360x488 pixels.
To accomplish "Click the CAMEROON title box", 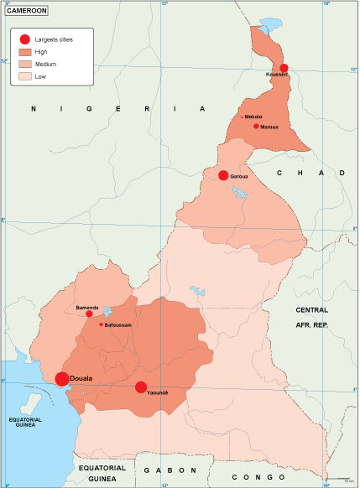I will [26, 10].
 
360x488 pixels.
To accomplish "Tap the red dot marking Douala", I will [62, 379].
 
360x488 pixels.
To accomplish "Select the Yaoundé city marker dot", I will [141, 387].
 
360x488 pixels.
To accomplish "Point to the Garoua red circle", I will [223, 175].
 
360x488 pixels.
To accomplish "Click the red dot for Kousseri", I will [284, 68].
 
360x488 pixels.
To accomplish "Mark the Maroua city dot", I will [256, 126].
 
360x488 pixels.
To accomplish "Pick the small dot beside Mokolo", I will [242, 117].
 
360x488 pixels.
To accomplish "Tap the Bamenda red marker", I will [89, 314].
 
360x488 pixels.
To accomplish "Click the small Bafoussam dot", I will [101, 324].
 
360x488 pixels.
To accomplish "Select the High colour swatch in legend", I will [25, 52].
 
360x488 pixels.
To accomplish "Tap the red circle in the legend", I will [25, 39].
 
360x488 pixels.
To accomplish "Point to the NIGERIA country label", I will [118, 109].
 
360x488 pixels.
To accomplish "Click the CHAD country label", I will [310, 172].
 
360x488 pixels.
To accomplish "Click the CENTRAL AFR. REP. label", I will [311, 315].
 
